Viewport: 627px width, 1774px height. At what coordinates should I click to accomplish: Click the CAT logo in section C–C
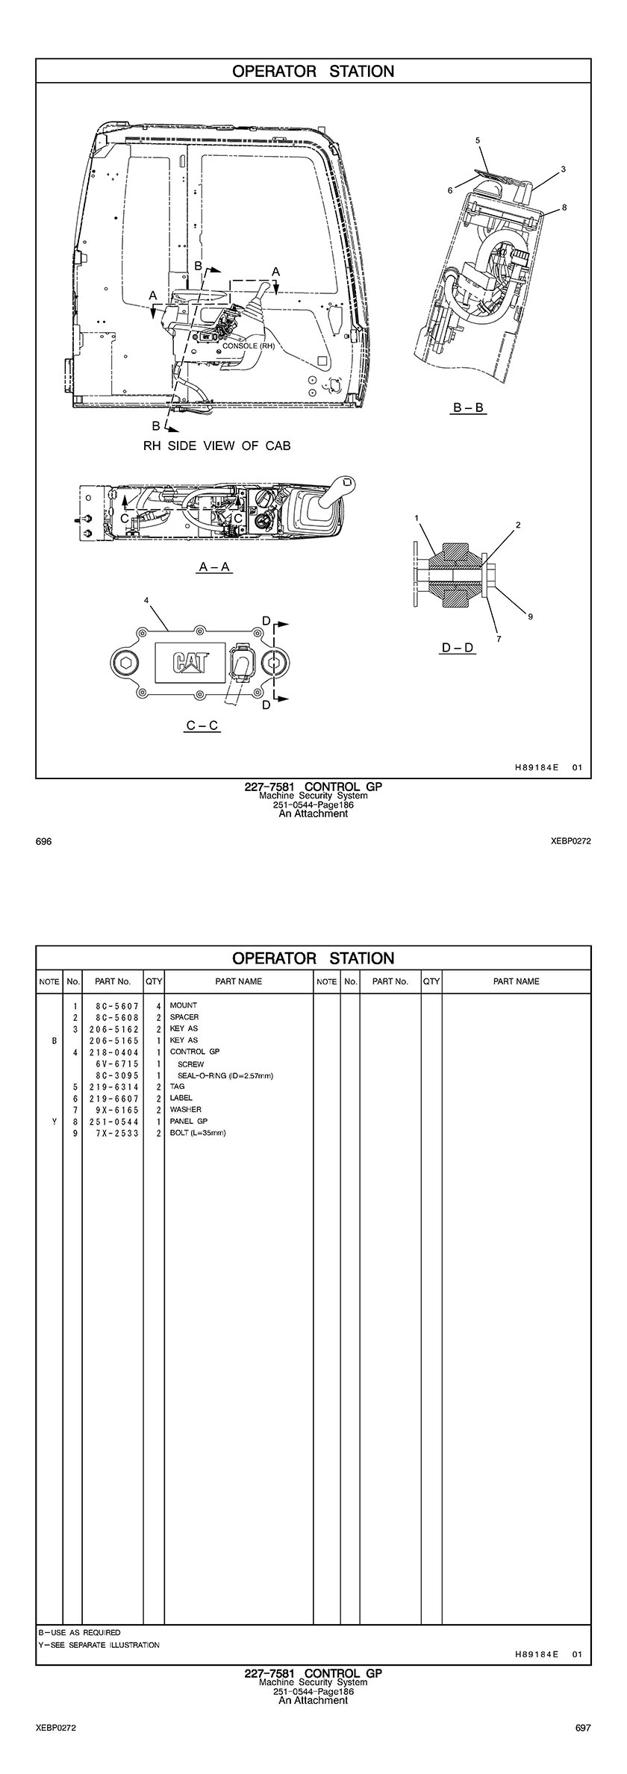click(192, 663)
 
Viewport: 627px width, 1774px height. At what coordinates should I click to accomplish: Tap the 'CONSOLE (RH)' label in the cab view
click(249, 346)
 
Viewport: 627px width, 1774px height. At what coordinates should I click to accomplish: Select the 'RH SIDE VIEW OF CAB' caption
click(216, 446)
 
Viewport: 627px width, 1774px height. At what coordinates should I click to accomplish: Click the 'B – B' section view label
click(469, 407)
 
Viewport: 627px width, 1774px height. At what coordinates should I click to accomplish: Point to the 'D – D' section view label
click(458, 648)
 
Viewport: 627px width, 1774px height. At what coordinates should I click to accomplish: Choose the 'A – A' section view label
click(215, 567)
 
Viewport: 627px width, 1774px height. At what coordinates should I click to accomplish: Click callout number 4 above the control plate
click(146, 600)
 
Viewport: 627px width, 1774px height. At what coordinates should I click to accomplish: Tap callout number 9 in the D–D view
click(530, 616)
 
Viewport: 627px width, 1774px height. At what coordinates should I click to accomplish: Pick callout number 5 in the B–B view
click(478, 140)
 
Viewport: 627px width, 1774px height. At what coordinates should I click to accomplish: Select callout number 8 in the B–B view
click(564, 207)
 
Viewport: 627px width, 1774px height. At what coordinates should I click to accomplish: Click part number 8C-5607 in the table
click(117, 1006)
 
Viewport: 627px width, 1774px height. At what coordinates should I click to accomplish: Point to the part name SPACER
click(184, 1017)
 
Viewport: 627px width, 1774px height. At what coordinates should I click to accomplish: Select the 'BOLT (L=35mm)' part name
click(198, 1133)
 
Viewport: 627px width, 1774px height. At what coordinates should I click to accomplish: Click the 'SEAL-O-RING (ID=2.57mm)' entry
click(225, 1075)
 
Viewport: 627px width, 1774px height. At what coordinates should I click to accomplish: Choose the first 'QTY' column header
click(154, 981)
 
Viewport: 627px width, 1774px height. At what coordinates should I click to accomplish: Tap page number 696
click(43, 842)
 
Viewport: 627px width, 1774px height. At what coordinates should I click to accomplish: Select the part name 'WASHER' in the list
click(186, 1110)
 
